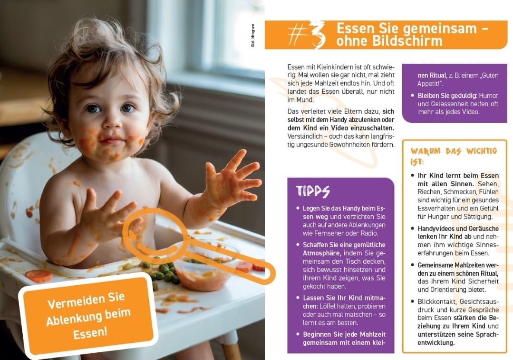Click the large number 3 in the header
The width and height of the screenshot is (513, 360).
[317, 34]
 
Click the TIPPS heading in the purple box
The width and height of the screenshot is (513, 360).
[313, 191]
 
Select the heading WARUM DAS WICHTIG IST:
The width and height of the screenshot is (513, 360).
[454, 156]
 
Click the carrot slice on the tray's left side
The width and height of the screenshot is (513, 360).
[39, 276]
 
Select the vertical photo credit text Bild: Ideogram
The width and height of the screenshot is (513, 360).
[252, 36]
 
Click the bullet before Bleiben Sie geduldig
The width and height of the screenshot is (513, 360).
[412, 95]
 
